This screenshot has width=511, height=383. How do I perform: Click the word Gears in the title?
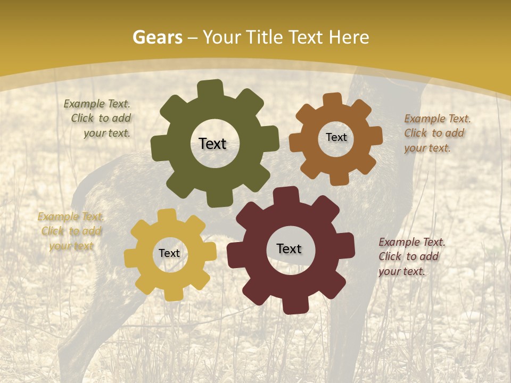click(157, 37)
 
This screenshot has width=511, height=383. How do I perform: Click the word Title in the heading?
click(266, 37)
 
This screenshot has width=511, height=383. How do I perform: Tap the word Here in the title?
click(349, 37)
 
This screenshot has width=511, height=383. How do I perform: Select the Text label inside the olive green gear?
click(212, 144)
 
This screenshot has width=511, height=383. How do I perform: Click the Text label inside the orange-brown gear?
click(336, 137)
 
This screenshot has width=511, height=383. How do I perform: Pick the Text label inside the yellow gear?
click(169, 253)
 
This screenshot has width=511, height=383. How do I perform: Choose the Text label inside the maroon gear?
click(289, 248)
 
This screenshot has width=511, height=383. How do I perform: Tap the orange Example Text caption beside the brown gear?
click(436, 133)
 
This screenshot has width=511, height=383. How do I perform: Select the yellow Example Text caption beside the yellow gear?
click(71, 231)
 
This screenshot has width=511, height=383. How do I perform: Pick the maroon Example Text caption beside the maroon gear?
click(411, 256)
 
